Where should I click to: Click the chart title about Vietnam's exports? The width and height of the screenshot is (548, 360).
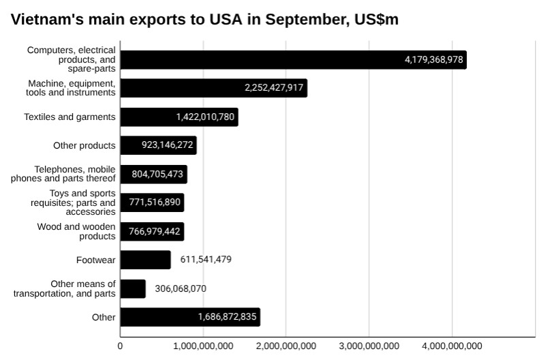204,20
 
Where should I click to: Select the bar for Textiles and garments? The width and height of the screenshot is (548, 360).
179,117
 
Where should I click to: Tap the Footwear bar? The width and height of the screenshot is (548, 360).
145,260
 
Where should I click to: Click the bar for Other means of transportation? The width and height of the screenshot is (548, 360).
133,288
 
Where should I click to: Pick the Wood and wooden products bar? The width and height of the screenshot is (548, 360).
152,231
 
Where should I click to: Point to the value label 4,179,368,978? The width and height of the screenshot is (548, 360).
433,60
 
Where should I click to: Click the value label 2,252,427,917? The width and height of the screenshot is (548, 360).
274,88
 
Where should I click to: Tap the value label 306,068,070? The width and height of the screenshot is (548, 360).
181,288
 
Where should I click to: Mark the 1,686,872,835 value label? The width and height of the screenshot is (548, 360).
227,317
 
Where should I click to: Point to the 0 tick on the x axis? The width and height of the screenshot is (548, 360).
121,346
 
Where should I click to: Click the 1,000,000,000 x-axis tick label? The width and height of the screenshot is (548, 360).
203,346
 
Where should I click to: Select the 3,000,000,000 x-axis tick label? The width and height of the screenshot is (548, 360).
369,346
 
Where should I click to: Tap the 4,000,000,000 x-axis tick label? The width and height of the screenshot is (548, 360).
451,346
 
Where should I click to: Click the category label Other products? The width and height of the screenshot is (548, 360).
84,145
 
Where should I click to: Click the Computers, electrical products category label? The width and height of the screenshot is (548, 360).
72,59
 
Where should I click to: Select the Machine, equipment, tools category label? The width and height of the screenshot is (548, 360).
71,88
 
